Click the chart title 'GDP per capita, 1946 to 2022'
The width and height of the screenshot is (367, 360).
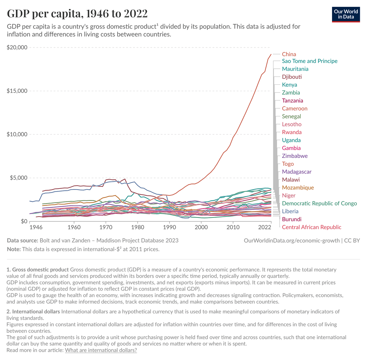pos(77,14)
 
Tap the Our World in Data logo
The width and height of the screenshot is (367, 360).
pos(346,14)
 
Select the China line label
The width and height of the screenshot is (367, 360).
pos(289,54)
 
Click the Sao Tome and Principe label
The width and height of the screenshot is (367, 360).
pos(310,61)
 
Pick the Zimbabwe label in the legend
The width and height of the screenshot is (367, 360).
pos(295,156)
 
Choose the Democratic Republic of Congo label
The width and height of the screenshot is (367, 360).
pos(319,203)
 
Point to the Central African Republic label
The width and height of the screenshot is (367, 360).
pos(312,227)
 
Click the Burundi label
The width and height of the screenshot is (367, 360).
pos(292,219)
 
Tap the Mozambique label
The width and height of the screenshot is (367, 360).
pos(298,187)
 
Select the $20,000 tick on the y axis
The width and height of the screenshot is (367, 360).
pos(17,47)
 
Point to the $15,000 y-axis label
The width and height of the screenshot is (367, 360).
pos(17,91)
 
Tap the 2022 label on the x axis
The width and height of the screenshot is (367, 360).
pos(265,227)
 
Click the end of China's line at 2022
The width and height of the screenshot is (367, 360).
pos(271,54)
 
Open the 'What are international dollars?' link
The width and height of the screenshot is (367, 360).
pos(101,350)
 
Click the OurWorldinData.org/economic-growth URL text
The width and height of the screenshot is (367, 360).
pos(292,240)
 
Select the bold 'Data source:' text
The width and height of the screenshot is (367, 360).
pos(22,240)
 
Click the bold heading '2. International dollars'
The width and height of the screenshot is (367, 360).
pos(33,311)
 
